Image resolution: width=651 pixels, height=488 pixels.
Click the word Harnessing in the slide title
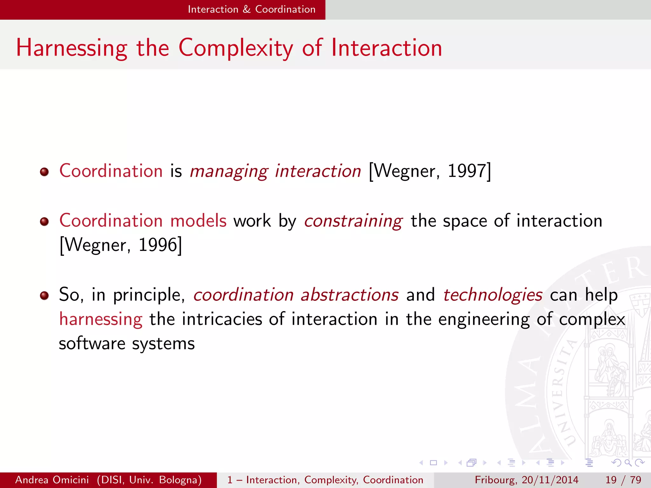(72, 48)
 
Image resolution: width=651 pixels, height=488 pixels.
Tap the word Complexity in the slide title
(236, 48)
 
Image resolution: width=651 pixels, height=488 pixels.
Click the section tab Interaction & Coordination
(251, 9)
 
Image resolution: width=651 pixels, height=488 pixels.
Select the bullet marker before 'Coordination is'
(44, 172)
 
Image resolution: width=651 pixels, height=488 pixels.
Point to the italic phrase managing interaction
(275, 171)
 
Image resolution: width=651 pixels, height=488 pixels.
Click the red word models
(198, 221)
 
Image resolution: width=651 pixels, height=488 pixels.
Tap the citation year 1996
(158, 245)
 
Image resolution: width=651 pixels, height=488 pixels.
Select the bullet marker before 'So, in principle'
(44, 296)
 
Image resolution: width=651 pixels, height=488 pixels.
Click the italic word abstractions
(349, 295)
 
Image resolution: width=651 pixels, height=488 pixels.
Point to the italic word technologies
(493, 295)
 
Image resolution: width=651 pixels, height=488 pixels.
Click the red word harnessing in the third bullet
(101, 319)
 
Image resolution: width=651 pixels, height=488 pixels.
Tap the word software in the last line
(92, 344)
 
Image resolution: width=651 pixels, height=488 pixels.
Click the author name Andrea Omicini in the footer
(52, 480)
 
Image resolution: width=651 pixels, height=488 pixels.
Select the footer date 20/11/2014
(550, 480)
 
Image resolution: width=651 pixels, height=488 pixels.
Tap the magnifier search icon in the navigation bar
(627, 463)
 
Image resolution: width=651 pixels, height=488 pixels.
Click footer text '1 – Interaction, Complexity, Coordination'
(325, 480)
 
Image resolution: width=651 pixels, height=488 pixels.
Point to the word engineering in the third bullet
(484, 319)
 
